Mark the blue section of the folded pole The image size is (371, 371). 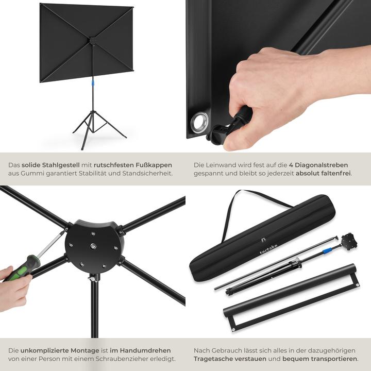coord(326,250)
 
